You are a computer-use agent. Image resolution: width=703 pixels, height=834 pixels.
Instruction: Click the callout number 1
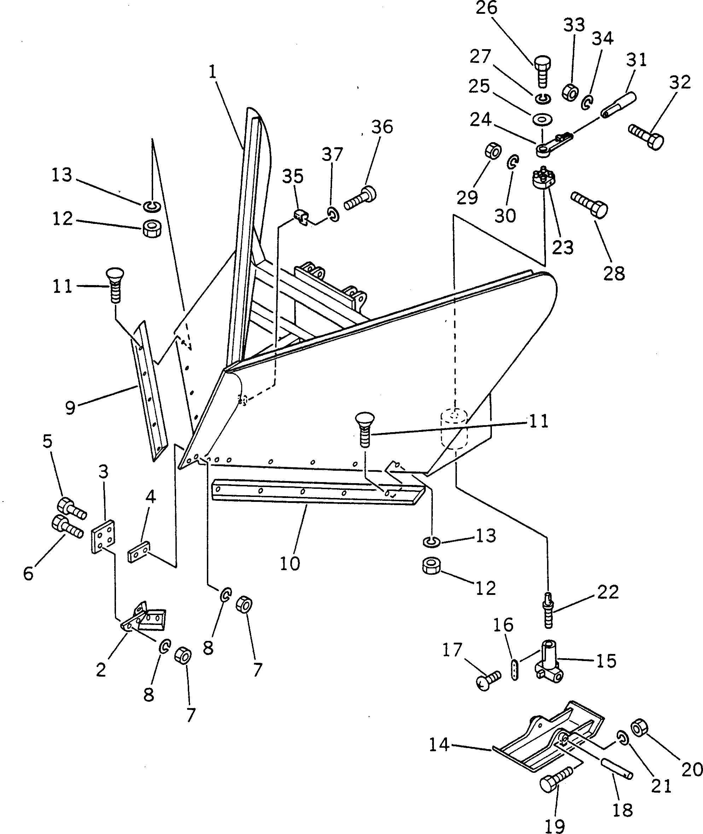point(213,73)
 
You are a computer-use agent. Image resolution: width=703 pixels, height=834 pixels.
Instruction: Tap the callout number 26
point(487,8)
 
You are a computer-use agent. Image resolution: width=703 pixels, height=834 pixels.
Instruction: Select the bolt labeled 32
point(646,136)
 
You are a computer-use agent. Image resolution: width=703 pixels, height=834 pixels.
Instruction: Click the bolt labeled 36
point(360,198)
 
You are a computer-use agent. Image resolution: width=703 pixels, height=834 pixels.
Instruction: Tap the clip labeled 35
point(302,217)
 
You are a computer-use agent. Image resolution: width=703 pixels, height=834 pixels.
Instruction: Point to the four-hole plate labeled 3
point(103,536)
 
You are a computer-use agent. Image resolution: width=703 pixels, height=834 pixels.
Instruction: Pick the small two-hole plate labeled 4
point(138,551)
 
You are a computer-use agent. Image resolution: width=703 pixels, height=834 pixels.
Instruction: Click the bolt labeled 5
point(72,508)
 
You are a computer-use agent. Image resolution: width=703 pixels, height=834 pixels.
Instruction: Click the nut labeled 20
point(640,728)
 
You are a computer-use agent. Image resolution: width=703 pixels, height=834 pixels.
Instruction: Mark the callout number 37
point(332,154)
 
